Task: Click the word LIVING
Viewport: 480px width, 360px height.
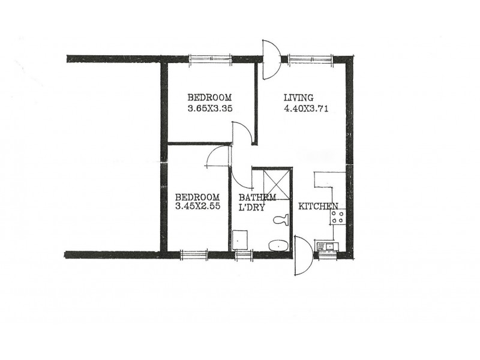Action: pyautogui.click(x=299, y=98)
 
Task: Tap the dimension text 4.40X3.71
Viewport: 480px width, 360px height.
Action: pyautogui.click(x=306, y=109)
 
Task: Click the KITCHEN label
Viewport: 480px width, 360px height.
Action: pyautogui.click(x=319, y=206)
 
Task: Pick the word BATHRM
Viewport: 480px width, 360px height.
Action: pyautogui.click(x=257, y=197)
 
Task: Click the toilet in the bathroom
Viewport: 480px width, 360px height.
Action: pyautogui.click(x=280, y=220)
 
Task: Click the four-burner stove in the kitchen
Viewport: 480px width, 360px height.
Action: pyautogui.click(x=337, y=217)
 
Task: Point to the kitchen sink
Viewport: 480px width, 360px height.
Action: pyautogui.click(x=328, y=245)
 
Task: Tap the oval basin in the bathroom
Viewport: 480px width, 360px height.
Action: pyautogui.click(x=277, y=245)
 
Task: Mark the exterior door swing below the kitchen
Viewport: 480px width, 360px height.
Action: pyautogui.click(x=302, y=255)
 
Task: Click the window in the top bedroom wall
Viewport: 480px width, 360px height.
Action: pyautogui.click(x=210, y=58)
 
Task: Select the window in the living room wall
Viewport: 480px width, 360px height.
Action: pyautogui.click(x=310, y=58)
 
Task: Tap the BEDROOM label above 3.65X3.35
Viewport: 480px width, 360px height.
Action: pyautogui.click(x=209, y=98)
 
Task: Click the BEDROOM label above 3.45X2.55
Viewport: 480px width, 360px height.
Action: pyautogui.click(x=197, y=197)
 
